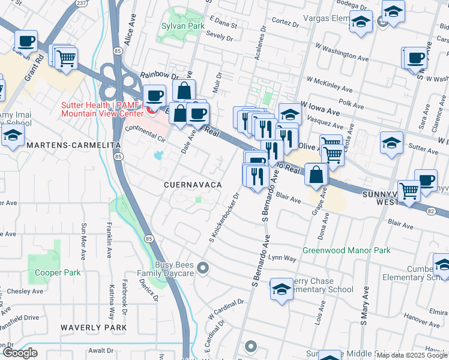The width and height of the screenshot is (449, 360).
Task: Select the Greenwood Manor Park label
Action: (346, 250)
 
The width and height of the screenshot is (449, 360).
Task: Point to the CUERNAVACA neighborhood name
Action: (193, 185)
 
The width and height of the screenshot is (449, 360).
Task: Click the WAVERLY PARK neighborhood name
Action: (93, 328)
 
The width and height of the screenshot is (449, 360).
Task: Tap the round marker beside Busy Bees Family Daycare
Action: (203, 268)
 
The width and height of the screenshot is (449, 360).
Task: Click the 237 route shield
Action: (81, 3)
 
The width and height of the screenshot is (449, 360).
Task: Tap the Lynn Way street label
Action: (282, 258)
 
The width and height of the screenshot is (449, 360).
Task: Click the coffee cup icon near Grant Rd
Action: (26, 41)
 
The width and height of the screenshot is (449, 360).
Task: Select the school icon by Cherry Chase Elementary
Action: (280, 289)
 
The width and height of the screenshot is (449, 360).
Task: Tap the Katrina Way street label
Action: (112, 305)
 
